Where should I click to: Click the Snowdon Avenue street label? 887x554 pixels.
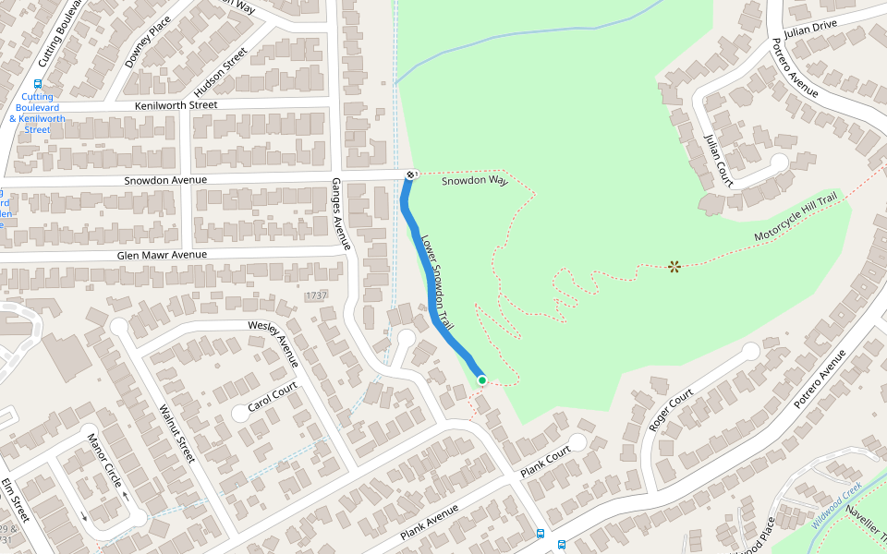(165, 180)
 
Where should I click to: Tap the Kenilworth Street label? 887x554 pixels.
(176, 105)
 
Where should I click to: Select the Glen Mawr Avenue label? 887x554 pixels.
(162, 255)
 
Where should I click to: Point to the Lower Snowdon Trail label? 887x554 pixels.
(439, 283)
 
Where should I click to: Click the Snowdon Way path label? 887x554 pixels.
(475, 181)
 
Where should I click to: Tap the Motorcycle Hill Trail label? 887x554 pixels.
(796, 218)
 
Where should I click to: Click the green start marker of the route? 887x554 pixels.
(482, 380)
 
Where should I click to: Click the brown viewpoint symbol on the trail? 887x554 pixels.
(674, 267)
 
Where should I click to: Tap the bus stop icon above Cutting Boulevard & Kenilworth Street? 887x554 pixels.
(38, 83)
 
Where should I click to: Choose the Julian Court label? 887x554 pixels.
(718, 160)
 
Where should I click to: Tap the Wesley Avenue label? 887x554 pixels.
(274, 339)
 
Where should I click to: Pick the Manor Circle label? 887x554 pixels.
(104, 460)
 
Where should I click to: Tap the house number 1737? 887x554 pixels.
(316, 295)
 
